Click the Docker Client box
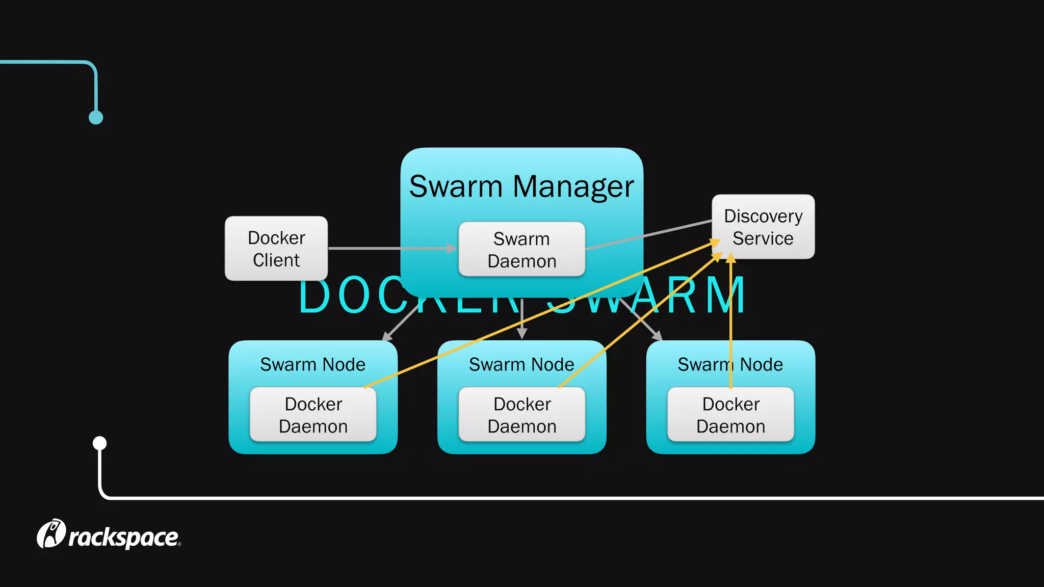(x=276, y=248)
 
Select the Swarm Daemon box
(x=521, y=249)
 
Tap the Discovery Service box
(x=763, y=227)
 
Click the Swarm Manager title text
(x=521, y=186)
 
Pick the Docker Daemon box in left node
(x=313, y=414)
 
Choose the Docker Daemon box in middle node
(x=521, y=414)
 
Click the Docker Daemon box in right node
(x=730, y=414)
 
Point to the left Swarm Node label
(x=312, y=364)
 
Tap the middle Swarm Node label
(x=521, y=364)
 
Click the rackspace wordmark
(x=123, y=538)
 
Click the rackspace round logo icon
(x=51, y=533)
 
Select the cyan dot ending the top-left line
(x=96, y=118)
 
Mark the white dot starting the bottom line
(x=100, y=443)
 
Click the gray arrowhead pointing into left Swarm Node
(x=387, y=336)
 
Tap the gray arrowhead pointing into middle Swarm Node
(x=521, y=334)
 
